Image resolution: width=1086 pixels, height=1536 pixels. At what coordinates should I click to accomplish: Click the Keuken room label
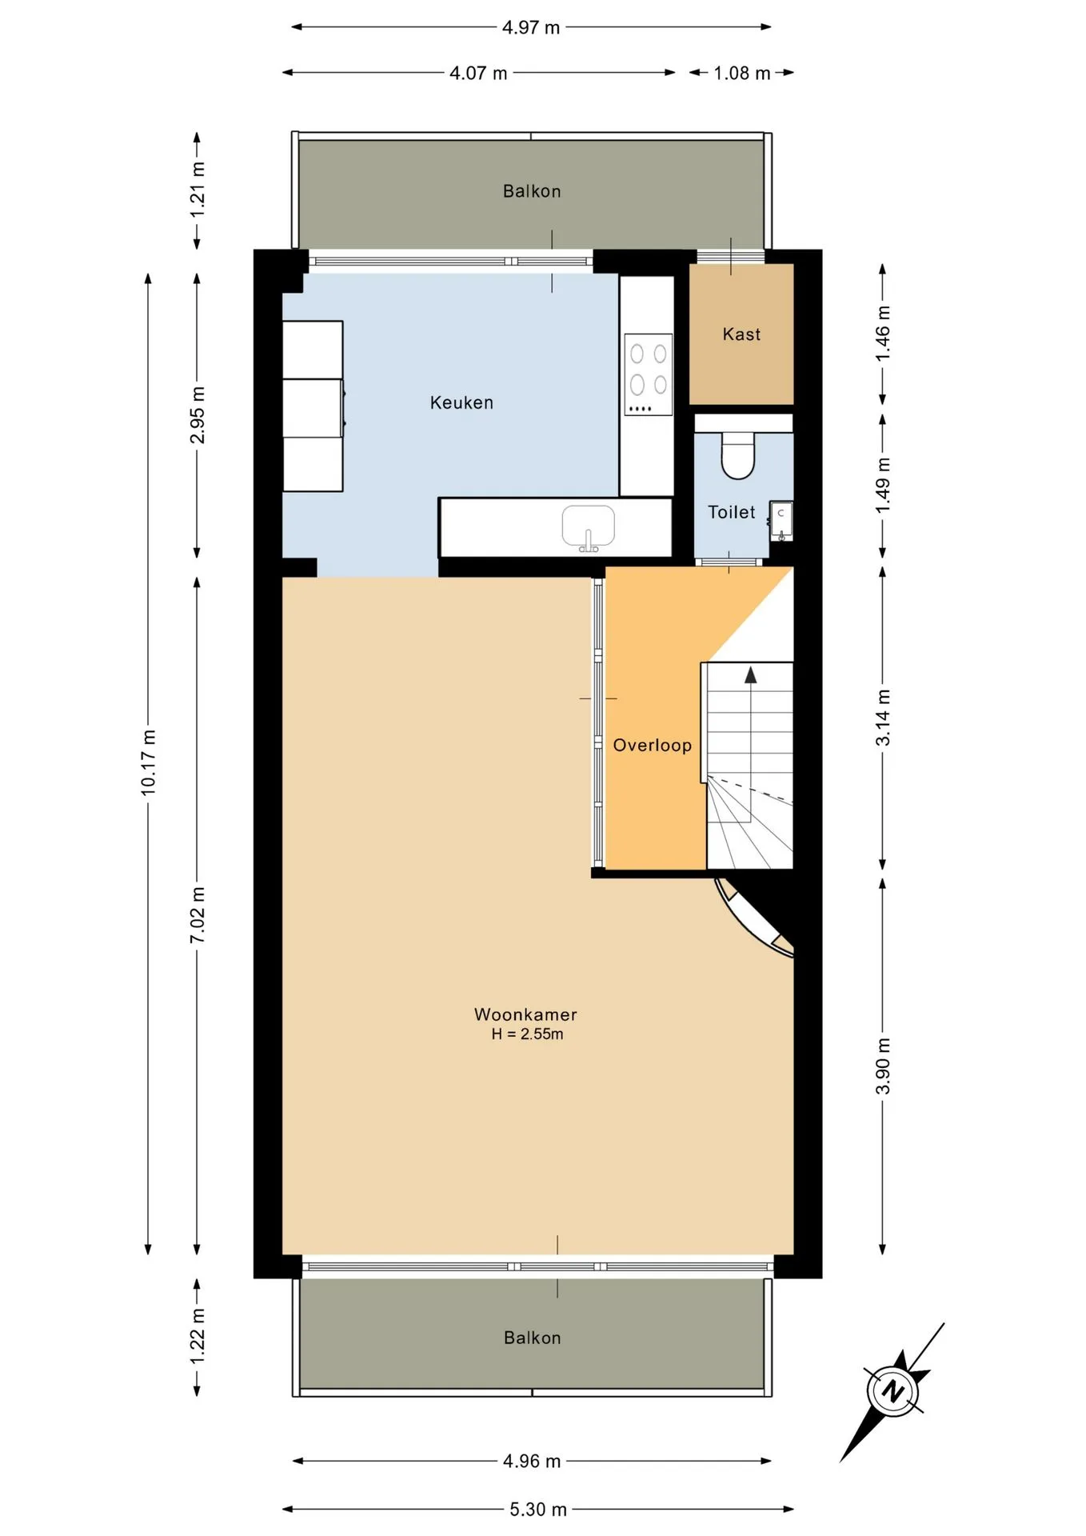[x=461, y=402]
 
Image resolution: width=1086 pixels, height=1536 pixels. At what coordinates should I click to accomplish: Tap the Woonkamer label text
[x=525, y=1014]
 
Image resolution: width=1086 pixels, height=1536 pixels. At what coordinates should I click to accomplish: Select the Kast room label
[x=741, y=334]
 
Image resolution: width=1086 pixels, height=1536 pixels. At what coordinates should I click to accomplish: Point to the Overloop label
[x=652, y=746]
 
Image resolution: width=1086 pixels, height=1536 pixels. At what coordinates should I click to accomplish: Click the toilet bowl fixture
[x=738, y=455]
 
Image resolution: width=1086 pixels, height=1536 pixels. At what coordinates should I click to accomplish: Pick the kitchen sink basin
[x=589, y=526]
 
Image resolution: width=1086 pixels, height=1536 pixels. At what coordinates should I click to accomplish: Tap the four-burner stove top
[x=648, y=374]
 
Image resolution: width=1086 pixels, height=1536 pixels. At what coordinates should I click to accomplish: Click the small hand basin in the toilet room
[x=781, y=521]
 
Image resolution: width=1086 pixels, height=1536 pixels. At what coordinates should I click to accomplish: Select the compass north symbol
[x=891, y=1392]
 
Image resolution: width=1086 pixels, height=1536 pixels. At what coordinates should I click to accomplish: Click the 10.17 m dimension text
[x=149, y=763]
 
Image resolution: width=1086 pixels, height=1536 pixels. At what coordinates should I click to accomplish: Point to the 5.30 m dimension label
[x=538, y=1509]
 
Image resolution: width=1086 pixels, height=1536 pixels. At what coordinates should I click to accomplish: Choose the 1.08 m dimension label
[x=742, y=73]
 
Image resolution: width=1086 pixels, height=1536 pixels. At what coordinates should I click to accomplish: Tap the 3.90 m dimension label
[x=883, y=1066]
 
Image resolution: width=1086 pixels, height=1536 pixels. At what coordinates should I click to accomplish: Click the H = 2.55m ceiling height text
[x=527, y=1034]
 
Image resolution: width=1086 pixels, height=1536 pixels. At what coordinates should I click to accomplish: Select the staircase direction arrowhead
[x=750, y=675]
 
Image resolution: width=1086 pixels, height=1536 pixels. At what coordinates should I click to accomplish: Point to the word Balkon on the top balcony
[x=532, y=191]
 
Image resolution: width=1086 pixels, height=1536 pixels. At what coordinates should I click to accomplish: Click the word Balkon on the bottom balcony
[x=533, y=1338]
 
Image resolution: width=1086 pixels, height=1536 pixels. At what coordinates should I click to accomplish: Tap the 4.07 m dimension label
[x=478, y=73]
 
